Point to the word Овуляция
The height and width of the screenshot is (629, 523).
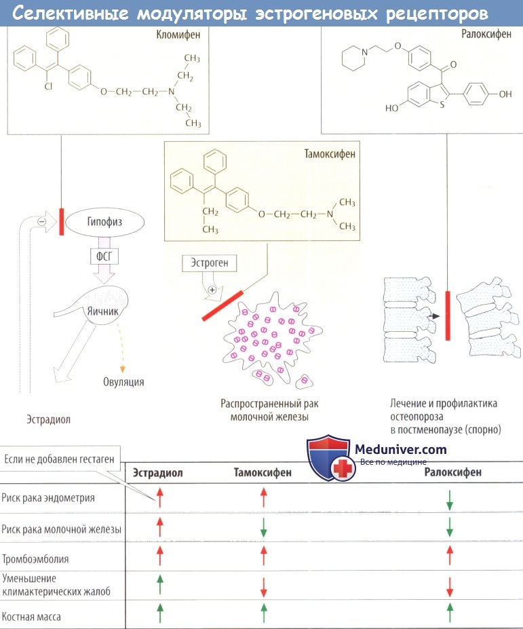pyautogui.click(x=123, y=381)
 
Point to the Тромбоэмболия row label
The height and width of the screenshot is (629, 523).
pyautogui.click(x=35, y=559)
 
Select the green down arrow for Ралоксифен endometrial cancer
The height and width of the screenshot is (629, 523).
pyautogui.click(x=448, y=501)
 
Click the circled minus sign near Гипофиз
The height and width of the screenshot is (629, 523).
pyautogui.click(x=41, y=221)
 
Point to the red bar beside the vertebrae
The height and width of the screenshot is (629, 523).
pyautogui.click(x=447, y=316)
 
